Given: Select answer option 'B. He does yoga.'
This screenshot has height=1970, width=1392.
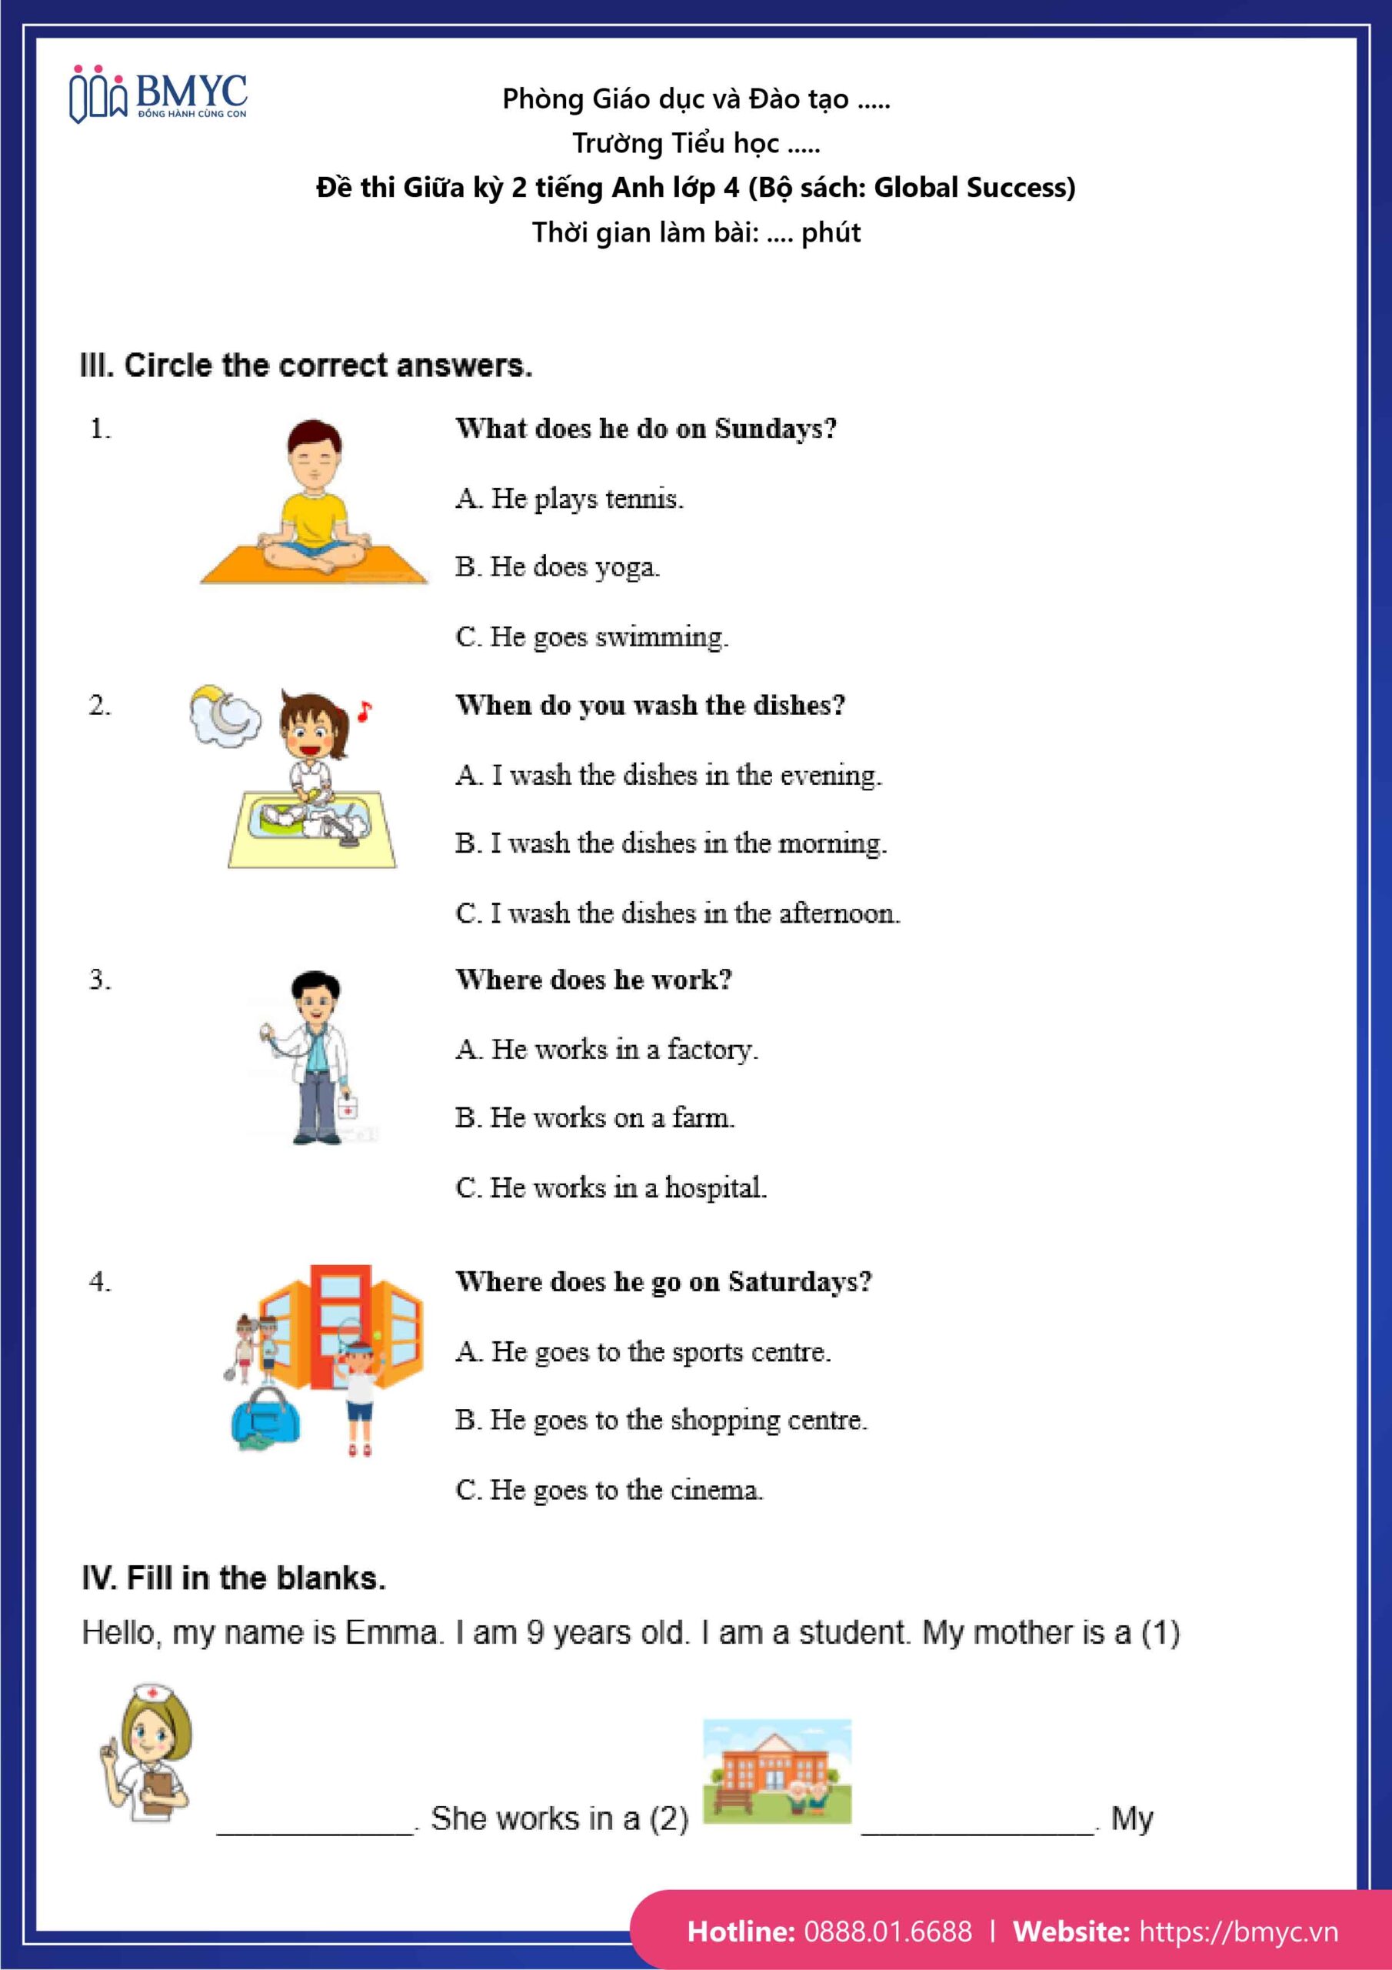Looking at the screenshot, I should tap(558, 567).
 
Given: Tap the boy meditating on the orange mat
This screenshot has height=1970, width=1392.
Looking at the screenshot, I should tap(315, 502).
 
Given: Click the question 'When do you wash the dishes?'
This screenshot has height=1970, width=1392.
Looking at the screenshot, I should tap(650, 706).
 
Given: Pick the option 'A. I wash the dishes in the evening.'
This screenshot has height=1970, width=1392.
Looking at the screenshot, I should tap(668, 775).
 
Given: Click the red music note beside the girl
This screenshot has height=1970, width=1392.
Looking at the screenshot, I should tap(365, 711).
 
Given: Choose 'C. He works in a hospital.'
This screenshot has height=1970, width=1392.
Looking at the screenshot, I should tap(611, 1187).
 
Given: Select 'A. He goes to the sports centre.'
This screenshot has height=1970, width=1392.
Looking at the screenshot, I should tap(643, 1351).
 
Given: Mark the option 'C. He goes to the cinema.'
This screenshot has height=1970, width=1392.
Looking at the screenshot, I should tap(609, 1490).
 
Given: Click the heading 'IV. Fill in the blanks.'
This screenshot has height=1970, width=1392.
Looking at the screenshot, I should tap(233, 1578).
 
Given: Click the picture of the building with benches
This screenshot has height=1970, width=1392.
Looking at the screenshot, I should tap(777, 1771).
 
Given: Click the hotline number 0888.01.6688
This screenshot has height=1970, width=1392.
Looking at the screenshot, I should tap(887, 1932).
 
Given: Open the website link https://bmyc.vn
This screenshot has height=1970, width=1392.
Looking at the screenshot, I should tap(1238, 1932).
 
